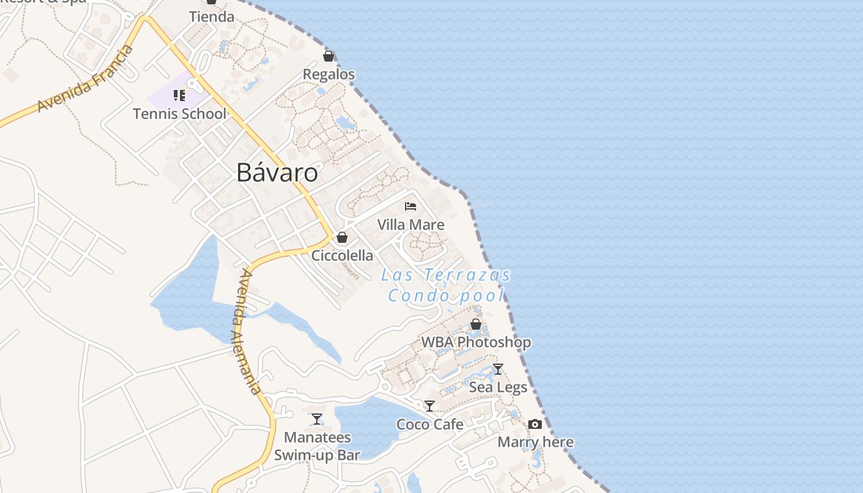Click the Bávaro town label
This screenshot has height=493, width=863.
[277, 173]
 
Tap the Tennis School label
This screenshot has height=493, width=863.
[179, 114]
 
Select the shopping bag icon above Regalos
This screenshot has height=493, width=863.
[329, 57]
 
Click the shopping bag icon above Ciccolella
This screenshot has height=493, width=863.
[342, 237]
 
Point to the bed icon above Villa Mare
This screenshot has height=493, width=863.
[411, 206]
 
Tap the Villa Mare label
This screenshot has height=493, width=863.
[411, 225]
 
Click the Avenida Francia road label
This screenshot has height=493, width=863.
[85, 79]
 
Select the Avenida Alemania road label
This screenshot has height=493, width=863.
[249, 332]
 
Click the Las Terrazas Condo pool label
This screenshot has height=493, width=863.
[446, 285]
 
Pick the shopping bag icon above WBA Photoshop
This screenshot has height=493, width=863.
[475, 324]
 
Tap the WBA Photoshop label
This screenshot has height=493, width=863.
[475, 342]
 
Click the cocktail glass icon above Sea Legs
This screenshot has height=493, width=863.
[498, 369]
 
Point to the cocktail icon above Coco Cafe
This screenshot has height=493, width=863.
[430, 406]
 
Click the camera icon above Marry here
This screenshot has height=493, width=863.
[535, 424]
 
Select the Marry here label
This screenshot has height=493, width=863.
[535, 442]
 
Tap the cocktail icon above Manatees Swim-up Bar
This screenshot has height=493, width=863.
[317, 419]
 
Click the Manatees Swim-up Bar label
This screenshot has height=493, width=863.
[317, 447]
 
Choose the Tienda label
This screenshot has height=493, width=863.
[211, 17]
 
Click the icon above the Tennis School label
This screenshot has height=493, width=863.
[179, 96]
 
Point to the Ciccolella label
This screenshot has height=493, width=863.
[342, 255]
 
